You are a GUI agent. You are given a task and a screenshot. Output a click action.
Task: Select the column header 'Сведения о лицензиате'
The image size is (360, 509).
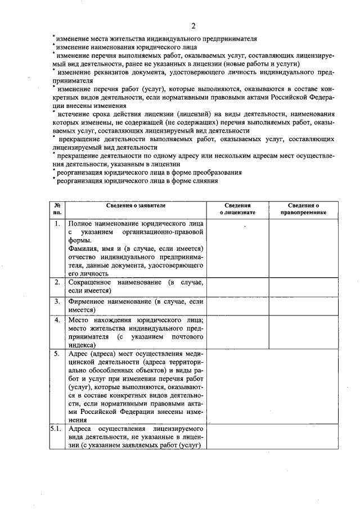pyautogui.click(x=237, y=210)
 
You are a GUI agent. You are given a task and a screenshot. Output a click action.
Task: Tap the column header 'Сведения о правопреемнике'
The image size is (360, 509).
pyautogui.click(x=303, y=210)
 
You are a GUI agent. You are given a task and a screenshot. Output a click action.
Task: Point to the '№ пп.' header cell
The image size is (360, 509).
pyautogui.click(x=57, y=210)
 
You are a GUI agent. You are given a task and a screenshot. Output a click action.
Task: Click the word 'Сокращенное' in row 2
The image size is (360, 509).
pyautogui.click(x=89, y=282)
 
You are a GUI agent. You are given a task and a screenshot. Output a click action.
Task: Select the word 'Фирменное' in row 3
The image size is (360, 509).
pyautogui.click(x=87, y=301)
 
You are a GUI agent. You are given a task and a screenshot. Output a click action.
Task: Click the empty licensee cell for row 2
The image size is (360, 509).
pyautogui.click(x=237, y=286)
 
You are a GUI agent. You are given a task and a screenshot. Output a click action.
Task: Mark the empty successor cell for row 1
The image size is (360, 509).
pyautogui.click(x=303, y=247)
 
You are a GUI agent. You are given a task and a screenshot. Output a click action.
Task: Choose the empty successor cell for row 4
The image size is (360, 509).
pyautogui.click(x=303, y=332)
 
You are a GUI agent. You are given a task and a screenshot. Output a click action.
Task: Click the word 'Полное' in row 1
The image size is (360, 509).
pyautogui.click(x=80, y=224)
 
